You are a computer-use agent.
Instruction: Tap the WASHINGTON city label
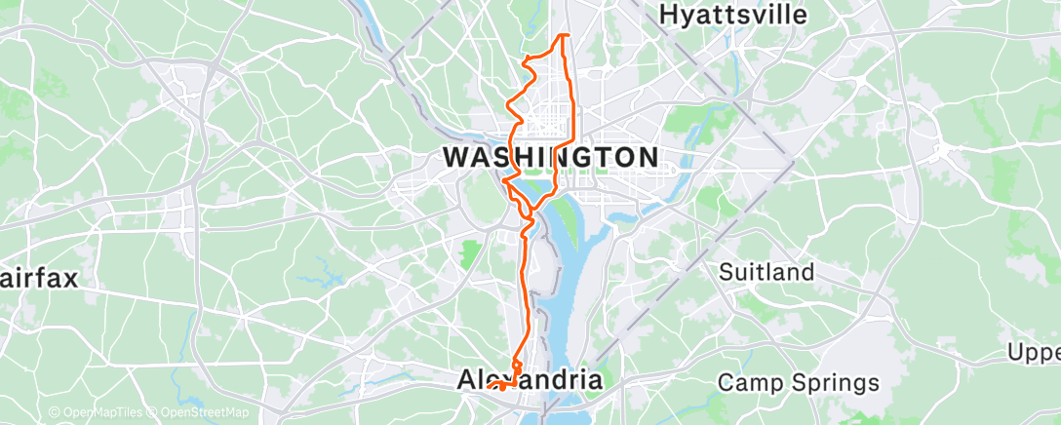551,156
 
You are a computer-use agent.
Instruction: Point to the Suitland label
766,272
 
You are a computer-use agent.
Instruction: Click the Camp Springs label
798,382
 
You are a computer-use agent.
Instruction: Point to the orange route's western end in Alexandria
488,387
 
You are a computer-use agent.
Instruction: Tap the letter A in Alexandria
467,381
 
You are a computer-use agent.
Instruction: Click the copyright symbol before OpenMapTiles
55,413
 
